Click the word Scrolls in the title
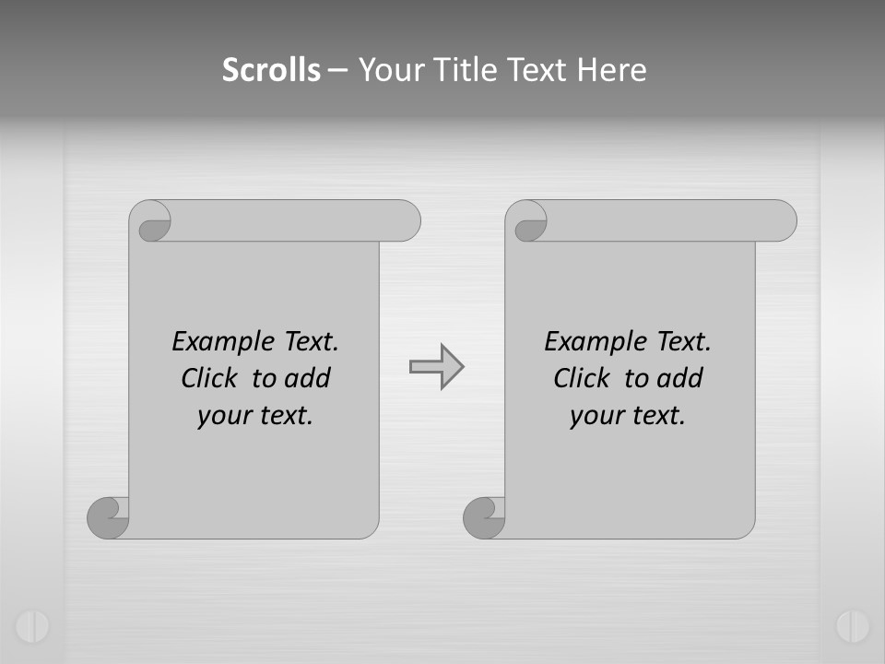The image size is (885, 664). click(x=271, y=70)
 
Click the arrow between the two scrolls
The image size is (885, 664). click(x=436, y=367)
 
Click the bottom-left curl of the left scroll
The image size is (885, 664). click(x=108, y=517)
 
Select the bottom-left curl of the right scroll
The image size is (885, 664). click(x=484, y=517)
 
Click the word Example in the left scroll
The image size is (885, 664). click(x=212, y=341)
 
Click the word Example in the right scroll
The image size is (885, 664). click(x=584, y=341)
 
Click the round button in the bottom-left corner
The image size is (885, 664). click(x=31, y=626)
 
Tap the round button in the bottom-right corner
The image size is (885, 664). click(x=853, y=626)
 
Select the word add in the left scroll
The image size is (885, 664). click(x=307, y=378)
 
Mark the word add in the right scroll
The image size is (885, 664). click(x=679, y=378)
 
